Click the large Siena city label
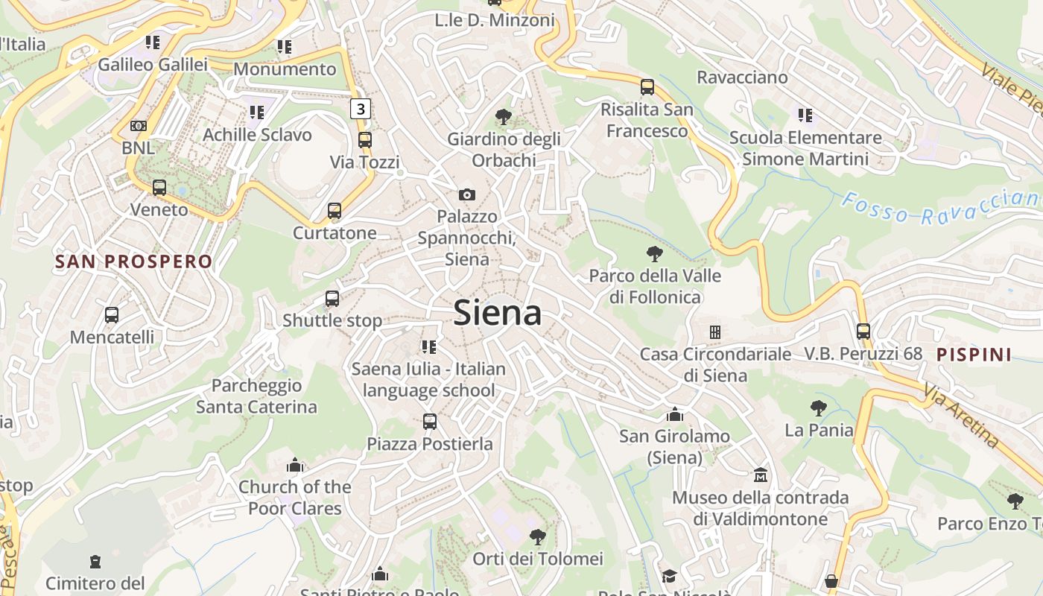(x=497, y=313)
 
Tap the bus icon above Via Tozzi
(x=365, y=139)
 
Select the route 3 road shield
(x=361, y=109)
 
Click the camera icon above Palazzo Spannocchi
(x=467, y=194)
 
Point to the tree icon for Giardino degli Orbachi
(x=504, y=116)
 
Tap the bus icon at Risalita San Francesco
(x=647, y=86)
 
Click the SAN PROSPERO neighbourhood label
(x=134, y=261)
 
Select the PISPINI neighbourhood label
(x=974, y=355)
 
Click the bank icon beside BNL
(x=139, y=126)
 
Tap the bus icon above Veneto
(x=159, y=187)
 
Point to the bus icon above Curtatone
(x=335, y=211)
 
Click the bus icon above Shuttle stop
(x=332, y=299)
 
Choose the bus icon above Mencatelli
(x=112, y=314)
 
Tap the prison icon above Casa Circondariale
(x=715, y=332)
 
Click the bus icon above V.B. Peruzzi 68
(x=863, y=331)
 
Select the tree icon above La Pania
(x=819, y=408)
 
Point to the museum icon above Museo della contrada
(x=761, y=475)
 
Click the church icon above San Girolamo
(x=675, y=414)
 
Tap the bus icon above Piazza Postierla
(x=430, y=422)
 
